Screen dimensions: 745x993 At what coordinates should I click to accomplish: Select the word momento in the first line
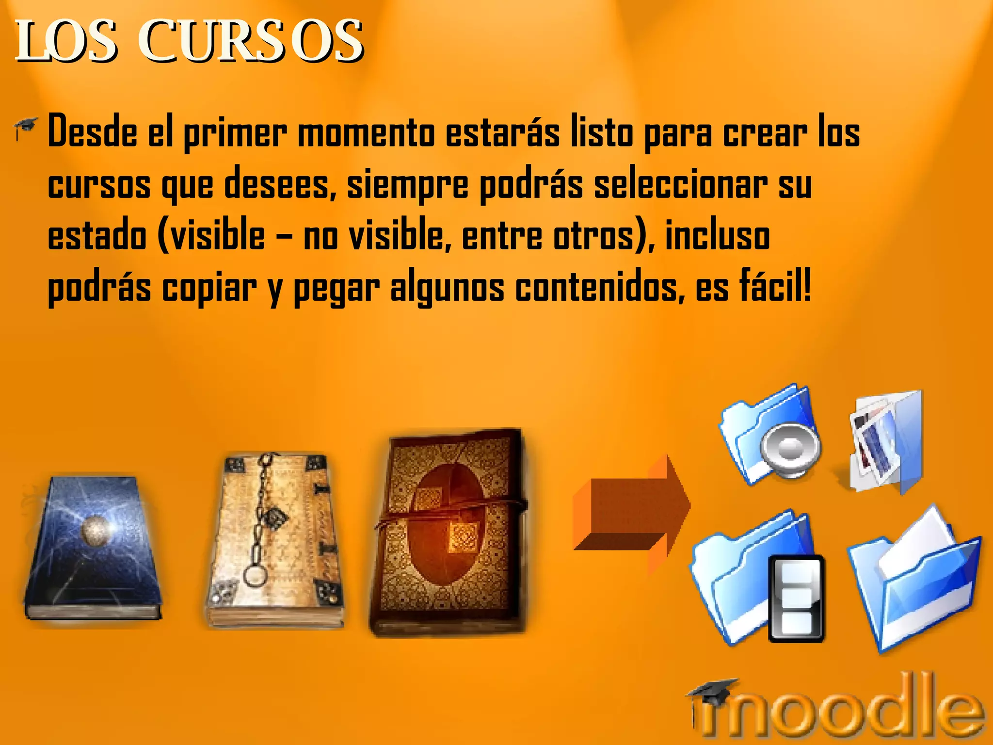pyautogui.click(x=366, y=133)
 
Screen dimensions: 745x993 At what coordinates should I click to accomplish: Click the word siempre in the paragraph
pyautogui.click(x=407, y=186)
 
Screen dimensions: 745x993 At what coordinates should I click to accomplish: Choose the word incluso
pyautogui.click(x=717, y=236)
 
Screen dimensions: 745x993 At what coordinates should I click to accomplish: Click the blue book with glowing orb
pyautogui.click(x=92, y=548)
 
